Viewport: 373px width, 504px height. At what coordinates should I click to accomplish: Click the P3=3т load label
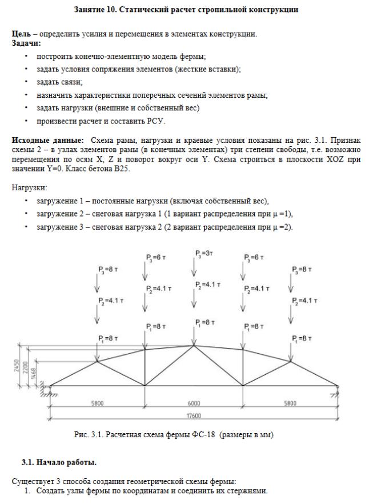202,252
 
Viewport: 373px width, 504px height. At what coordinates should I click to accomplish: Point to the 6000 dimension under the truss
195,403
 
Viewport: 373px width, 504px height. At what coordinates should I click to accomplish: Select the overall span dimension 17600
195,416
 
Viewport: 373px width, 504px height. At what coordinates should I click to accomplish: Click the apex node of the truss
195,345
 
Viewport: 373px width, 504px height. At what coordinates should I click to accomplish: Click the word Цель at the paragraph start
21,34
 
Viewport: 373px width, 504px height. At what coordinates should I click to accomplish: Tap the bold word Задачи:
26,43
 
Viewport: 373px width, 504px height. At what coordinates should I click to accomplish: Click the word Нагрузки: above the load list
29,187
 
